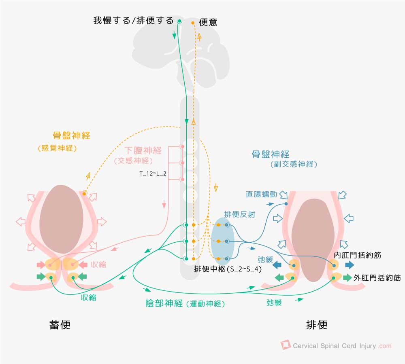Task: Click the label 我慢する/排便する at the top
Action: tap(133, 21)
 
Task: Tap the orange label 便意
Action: tap(208, 22)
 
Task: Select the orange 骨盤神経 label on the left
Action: tap(71, 135)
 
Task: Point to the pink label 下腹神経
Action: tap(143, 151)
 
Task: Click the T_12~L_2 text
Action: tap(153, 174)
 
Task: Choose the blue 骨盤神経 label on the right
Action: tap(271, 154)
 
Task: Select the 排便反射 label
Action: tap(240, 214)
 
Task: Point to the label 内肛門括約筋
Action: tap(357, 255)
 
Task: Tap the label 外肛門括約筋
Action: tap(377, 278)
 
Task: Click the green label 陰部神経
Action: tap(164, 303)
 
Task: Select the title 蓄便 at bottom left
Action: tap(60, 325)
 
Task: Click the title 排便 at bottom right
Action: tap(317, 325)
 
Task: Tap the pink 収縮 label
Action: tap(98, 265)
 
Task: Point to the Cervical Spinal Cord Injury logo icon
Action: tap(286, 345)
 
